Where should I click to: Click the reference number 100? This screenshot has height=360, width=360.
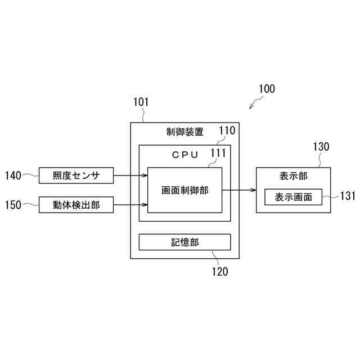pos(267,89)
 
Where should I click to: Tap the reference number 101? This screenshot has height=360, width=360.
pos(141,102)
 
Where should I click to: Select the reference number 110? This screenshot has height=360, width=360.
pos(227,131)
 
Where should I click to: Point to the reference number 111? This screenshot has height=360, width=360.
pos(218,152)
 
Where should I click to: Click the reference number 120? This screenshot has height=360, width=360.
pos(220,272)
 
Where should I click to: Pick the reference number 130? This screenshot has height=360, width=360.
pos(321,147)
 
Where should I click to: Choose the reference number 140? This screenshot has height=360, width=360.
pos(13,175)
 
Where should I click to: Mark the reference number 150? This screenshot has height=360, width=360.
pos(13,205)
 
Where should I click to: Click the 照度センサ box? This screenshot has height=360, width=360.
pos(76,175)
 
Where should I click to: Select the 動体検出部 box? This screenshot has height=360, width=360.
pos(76,205)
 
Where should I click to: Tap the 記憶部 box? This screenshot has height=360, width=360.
pos(184,242)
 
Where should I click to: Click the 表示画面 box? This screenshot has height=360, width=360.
pos(294,197)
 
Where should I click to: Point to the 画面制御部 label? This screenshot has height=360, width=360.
pos(184,191)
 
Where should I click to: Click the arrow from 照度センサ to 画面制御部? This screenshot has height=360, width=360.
pos(130,175)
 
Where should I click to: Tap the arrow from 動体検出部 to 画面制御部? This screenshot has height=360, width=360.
pos(130,205)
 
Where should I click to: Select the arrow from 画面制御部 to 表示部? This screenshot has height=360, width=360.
pos(239,190)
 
